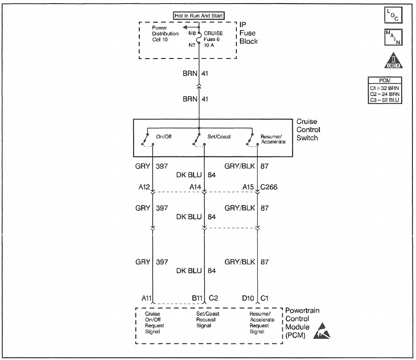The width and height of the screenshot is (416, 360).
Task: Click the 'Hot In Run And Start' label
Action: click(x=199, y=15)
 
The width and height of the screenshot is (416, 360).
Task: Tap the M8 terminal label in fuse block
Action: click(x=192, y=33)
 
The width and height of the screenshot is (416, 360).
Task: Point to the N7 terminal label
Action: click(x=192, y=45)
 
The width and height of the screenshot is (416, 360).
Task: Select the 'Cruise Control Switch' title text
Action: click(x=307, y=130)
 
